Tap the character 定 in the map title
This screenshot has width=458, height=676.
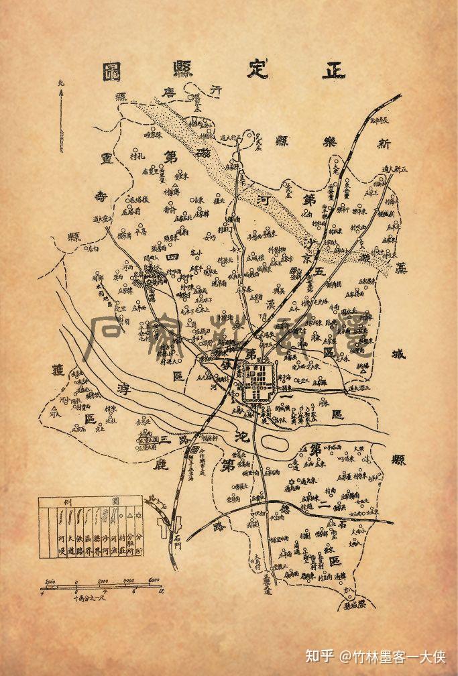tap(257, 70)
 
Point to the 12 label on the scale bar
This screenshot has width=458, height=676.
tap(156, 592)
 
